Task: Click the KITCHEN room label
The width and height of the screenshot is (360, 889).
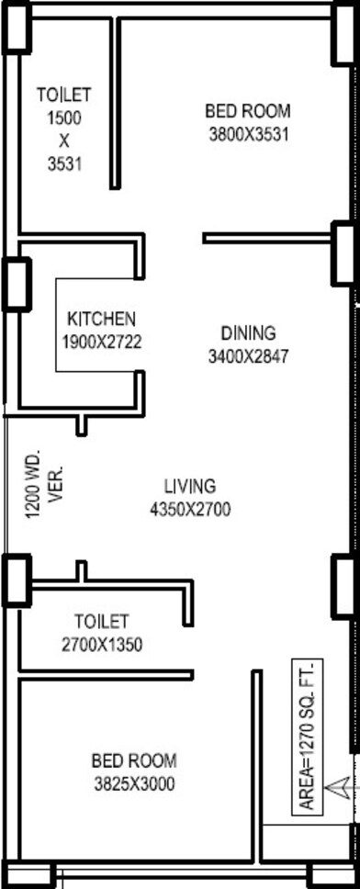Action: tap(102, 320)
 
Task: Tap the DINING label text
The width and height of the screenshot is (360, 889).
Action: tap(248, 332)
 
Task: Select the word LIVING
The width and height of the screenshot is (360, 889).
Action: tap(190, 487)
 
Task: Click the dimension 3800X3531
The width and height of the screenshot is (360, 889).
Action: tap(249, 135)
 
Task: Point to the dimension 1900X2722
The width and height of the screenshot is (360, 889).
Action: tap(102, 343)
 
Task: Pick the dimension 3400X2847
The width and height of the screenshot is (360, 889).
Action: tap(248, 356)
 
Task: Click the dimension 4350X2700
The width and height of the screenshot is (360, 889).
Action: tap(190, 511)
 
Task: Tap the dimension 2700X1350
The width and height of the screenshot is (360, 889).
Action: tap(102, 645)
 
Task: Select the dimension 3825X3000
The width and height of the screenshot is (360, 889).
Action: tap(134, 784)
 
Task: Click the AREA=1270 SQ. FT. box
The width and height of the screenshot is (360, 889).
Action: tap(308, 737)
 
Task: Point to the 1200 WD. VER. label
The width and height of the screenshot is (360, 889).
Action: tap(44, 484)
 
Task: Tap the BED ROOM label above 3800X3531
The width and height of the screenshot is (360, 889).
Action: tap(248, 110)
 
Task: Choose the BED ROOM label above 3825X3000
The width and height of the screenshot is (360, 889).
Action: tap(134, 760)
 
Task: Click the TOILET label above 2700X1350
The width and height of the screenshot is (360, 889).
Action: tap(102, 622)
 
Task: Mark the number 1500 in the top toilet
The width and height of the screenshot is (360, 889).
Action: tap(64, 118)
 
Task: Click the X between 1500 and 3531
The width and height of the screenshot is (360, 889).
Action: tap(64, 141)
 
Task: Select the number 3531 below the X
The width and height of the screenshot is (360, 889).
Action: tap(64, 164)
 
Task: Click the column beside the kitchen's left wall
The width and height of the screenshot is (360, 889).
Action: tap(17, 284)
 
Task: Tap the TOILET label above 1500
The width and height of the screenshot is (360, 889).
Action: tap(64, 94)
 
